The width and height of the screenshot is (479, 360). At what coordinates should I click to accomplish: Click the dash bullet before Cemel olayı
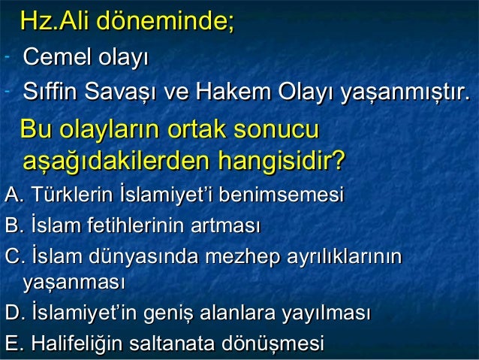click(6, 56)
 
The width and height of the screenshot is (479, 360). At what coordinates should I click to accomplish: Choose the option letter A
click(12, 197)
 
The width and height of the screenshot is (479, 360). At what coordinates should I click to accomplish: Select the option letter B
click(12, 225)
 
